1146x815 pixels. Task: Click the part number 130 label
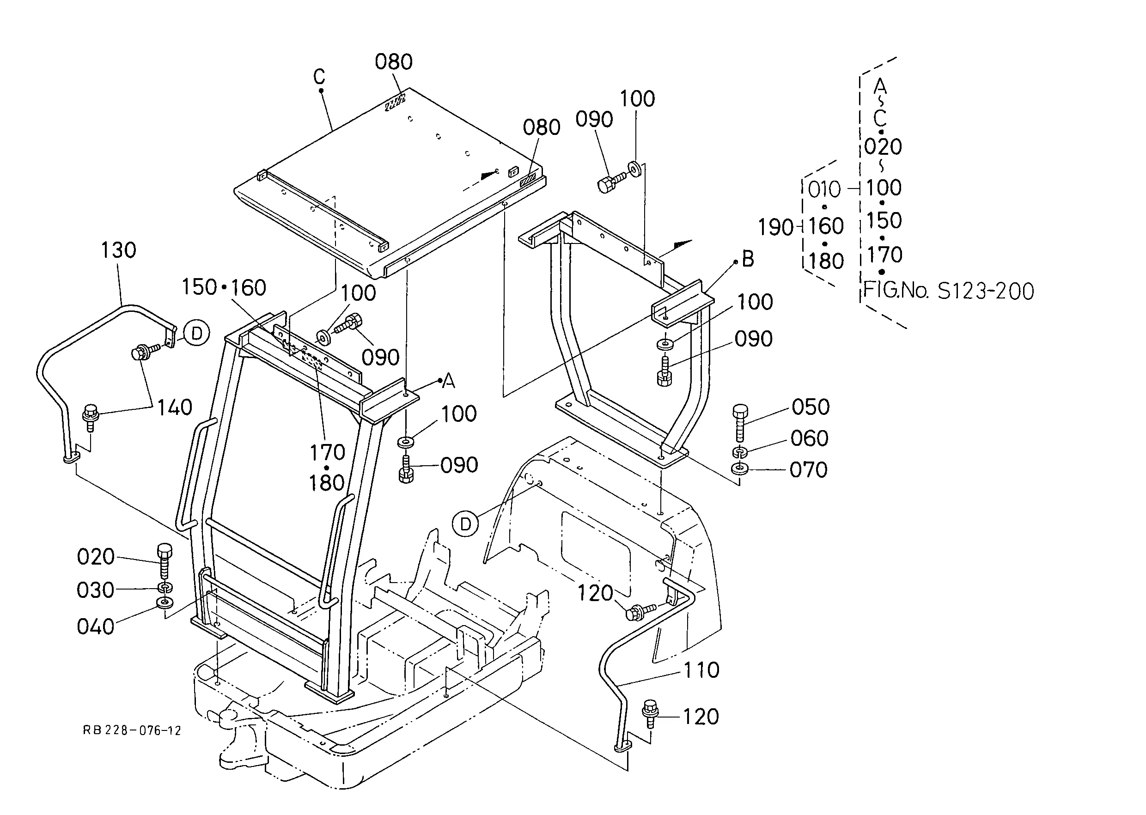click(x=118, y=250)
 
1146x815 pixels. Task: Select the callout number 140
click(x=175, y=407)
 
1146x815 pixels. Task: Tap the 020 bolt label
click(x=96, y=557)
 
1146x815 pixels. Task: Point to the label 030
click(x=96, y=590)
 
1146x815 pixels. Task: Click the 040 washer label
click(x=96, y=627)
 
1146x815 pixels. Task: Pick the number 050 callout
click(x=811, y=407)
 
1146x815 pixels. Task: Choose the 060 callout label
click(x=809, y=438)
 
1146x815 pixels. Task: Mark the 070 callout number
click(x=809, y=470)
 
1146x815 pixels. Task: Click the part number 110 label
click(x=702, y=670)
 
